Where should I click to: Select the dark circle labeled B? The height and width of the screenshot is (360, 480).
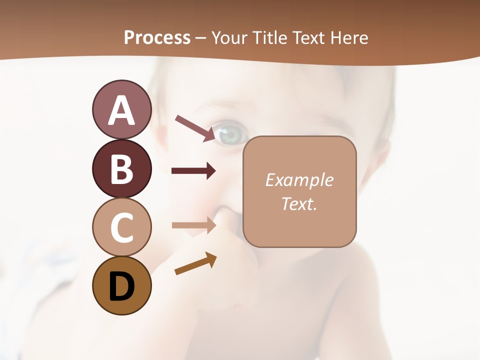[x=121, y=168]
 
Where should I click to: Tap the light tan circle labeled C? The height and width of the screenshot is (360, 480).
[x=121, y=227]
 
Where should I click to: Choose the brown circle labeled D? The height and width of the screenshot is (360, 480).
[x=121, y=285]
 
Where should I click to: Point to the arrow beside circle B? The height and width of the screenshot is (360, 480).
[x=193, y=171]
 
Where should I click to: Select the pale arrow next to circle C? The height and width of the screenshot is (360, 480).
[x=193, y=225]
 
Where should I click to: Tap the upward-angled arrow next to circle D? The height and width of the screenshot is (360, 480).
[x=195, y=263]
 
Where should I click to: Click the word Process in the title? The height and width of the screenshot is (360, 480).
[x=157, y=37]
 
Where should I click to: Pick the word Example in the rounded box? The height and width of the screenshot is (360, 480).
[x=299, y=180]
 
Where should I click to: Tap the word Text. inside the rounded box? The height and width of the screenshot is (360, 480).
[x=299, y=203]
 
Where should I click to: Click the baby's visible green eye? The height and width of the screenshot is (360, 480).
[x=231, y=134]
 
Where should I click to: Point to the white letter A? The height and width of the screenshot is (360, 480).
[x=121, y=110]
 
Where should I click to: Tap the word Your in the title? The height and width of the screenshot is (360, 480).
[x=229, y=37]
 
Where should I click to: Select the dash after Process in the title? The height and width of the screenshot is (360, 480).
[x=200, y=38]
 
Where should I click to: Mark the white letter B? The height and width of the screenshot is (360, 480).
[x=121, y=169]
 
